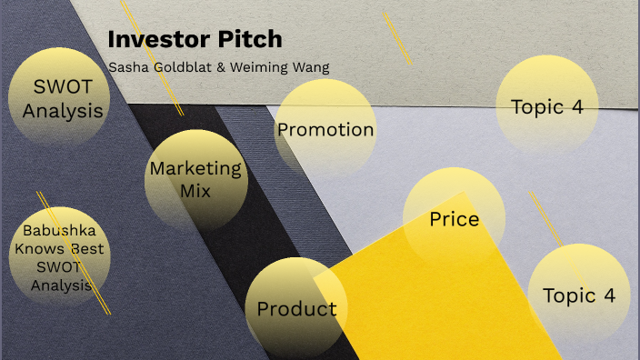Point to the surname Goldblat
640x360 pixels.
pyautogui.click(x=181, y=67)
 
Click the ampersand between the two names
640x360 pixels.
pyautogui.click(x=223, y=67)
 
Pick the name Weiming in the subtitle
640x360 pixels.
pyautogui.click(x=259, y=67)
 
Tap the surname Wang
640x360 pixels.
pyautogui.click(x=312, y=67)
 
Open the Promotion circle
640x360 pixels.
pyautogui.click(x=325, y=129)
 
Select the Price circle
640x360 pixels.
pyautogui.click(x=454, y=218)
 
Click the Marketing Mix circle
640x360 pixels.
pyautogui.click(x=195, y=179)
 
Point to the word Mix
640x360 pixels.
pyautogui.click(x=195, y=191)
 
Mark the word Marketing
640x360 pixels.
pyautogui.click(x=195, y=168)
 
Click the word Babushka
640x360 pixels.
pyautogui.click(x=60, y=230)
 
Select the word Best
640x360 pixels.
pyautogui.click(x=87, y=248)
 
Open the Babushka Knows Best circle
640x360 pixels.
pyautogui.click(x=60, y=257)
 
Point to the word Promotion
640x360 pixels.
pyautogui.click(x=325, y=130)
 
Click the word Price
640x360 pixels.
pyautogui.click(x=454, y=219)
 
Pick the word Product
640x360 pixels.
pyautogui.click(x=296, y=309)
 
